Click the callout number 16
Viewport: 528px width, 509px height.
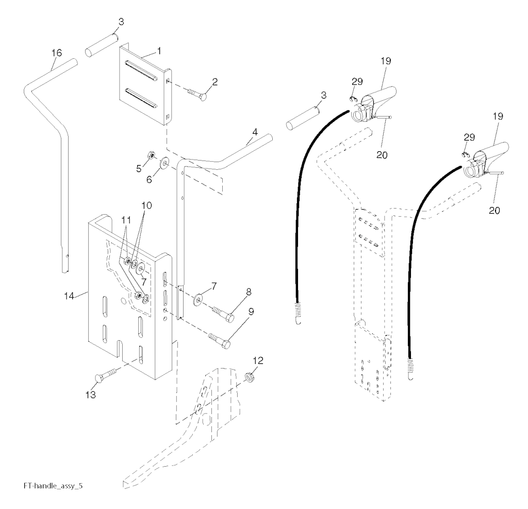(57, 53)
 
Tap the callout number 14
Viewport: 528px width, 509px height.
(69, 296)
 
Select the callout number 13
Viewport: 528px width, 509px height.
(91, 394)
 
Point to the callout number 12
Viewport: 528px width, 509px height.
(258, 361)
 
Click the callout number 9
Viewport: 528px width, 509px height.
(251, 312)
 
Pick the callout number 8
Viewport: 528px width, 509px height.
(249, 292)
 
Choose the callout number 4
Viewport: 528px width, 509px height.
(255, 132)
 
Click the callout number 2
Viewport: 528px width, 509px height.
(214, 82)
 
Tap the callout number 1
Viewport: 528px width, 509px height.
(159, 51)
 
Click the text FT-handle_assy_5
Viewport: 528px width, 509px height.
(53, 486)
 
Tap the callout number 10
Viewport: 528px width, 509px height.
(146, 205)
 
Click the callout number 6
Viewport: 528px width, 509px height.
(149, 180)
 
